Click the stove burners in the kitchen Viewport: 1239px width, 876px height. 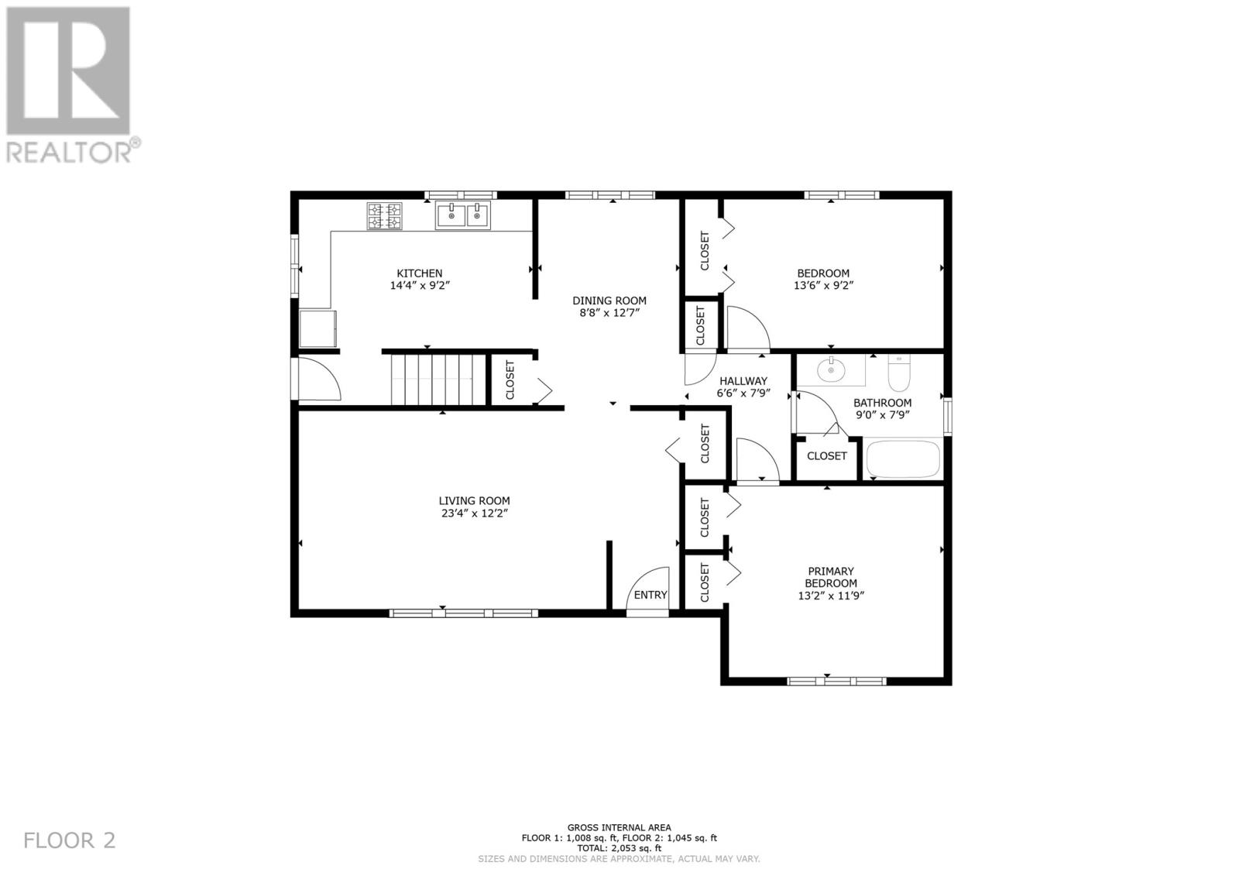(x=385, y=216)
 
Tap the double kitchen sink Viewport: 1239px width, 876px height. (x=463, y=216)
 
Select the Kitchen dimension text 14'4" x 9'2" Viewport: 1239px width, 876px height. (x=420, y=286)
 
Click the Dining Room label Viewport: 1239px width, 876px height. (x=609, y=301)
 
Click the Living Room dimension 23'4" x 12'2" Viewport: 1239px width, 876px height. (x=474, y=514)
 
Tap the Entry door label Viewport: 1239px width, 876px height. (x=650, y=595)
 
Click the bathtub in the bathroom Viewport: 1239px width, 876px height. (x=903, y=459)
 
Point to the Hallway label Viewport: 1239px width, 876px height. (x=743, y=381)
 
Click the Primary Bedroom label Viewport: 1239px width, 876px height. (x=831, y=577)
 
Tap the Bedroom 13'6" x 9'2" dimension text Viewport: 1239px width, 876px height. (x=823, y=286)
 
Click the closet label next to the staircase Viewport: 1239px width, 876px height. (x=510, y=380)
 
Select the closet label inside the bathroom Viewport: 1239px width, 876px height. (x=827, y=456)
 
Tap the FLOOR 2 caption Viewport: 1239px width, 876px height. (x=70, y=840)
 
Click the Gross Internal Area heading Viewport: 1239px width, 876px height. (x=619, y=827)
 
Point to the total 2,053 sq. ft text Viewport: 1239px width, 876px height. (x=619, y=848)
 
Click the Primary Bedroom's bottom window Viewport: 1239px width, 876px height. (x=836, y=682)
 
